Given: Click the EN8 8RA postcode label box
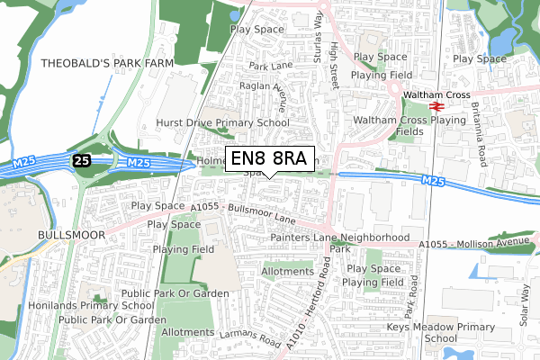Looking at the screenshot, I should coord(269,158).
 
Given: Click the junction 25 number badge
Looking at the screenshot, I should coord(82,159).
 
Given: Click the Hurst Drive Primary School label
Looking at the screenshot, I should coord(221,123).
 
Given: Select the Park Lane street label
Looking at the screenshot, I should coord(272,66).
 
